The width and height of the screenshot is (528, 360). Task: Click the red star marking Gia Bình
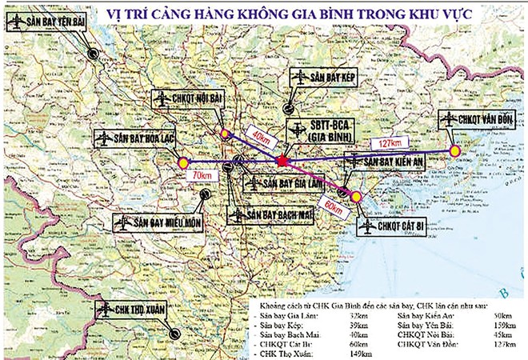(281, 162)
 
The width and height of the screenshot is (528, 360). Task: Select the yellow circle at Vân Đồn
(455, 150)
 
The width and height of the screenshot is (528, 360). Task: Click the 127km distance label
(390, 142)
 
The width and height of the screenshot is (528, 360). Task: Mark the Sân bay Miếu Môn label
(159, 222)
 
